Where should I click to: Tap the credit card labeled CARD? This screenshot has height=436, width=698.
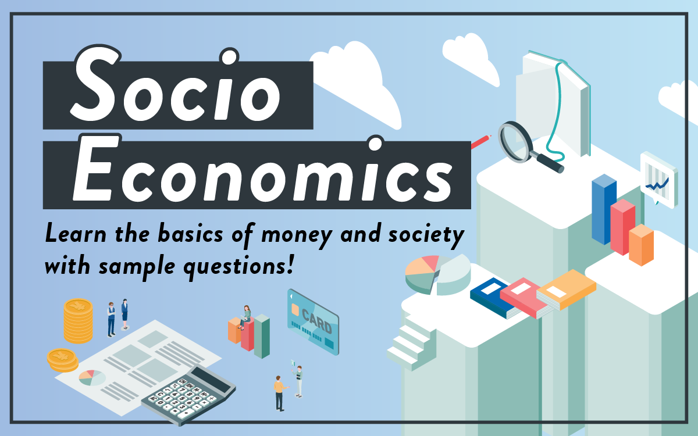(313, 321)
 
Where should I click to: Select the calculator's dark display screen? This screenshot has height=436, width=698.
(211, 380)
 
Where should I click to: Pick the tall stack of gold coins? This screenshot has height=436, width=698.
(78, 321)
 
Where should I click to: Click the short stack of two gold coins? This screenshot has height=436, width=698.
(62, 360)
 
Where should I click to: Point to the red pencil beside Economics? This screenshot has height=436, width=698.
(481, 142)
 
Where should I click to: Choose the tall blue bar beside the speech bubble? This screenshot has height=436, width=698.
(604, 209)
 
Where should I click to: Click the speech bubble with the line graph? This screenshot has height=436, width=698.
(658, 181)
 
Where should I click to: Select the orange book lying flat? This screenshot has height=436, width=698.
(566, 290)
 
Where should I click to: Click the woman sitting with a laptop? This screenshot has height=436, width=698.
(245, 317)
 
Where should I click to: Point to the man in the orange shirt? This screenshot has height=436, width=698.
(280, 393)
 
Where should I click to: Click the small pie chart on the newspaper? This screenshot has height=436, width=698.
(92, 378)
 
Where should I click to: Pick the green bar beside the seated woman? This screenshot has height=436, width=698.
(262, 336)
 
